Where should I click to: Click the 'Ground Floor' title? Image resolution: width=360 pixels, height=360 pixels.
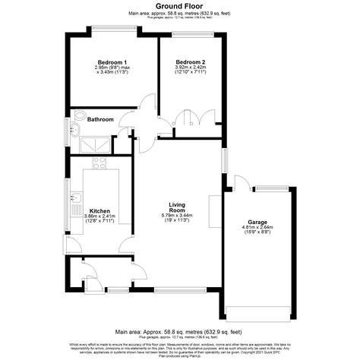[179, 5]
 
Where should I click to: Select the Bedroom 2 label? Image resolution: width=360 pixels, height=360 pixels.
[191, 61]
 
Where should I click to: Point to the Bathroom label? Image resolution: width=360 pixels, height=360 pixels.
[100, 119]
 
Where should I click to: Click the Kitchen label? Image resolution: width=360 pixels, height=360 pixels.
[101, 210]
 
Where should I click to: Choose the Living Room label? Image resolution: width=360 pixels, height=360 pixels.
[179, 207]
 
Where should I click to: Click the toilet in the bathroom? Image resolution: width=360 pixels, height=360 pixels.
[80, 118]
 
